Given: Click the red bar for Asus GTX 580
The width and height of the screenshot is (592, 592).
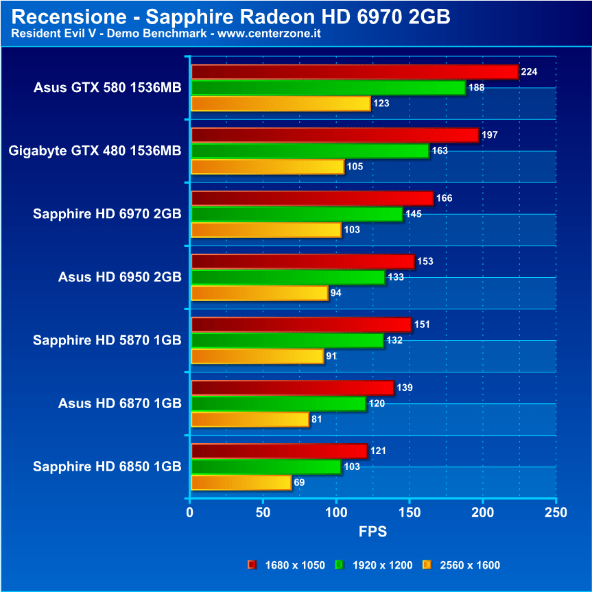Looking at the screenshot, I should tap(354, 72).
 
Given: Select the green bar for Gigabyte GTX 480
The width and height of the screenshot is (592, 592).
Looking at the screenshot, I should tap(309, 151).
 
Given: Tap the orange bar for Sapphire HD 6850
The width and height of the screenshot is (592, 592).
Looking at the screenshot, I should tap(241, 483).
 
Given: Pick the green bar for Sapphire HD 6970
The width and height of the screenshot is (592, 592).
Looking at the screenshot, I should tap(296, 214).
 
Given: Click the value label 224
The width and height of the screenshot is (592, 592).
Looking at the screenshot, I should tap(529, 71).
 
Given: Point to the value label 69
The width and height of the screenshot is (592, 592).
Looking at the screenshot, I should tap(299, 482).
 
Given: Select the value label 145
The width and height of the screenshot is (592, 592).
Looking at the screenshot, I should tap(414, 214).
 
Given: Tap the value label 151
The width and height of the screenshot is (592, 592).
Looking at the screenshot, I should tap(422, 324).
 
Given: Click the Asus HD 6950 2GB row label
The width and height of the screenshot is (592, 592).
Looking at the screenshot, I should tap(120, 277).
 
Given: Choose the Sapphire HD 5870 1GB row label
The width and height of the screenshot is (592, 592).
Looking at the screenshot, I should tap(107, 340).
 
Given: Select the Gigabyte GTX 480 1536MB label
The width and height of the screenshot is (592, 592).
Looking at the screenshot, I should tap(95, 151).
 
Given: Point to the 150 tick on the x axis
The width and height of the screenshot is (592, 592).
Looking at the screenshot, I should tap(409, 512).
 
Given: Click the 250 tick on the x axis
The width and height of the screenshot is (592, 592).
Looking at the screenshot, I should tap(556, 512).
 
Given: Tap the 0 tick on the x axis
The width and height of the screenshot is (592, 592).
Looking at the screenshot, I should tap(190, 512).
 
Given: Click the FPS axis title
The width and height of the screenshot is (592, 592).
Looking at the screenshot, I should tap(372, 532).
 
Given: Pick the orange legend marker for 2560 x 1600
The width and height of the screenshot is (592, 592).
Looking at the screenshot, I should tap(426, 565).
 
